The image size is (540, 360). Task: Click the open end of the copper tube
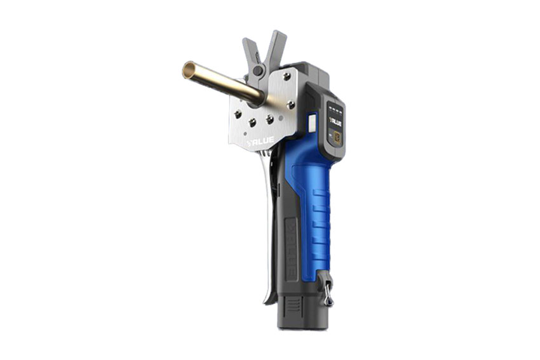tap(188, 70)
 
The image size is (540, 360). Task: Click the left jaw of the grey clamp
tap(250, 51)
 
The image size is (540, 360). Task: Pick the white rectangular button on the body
tap(313, 122)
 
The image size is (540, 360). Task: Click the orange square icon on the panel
tap(337, 136)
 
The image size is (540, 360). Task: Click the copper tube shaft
tap(222, 83)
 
